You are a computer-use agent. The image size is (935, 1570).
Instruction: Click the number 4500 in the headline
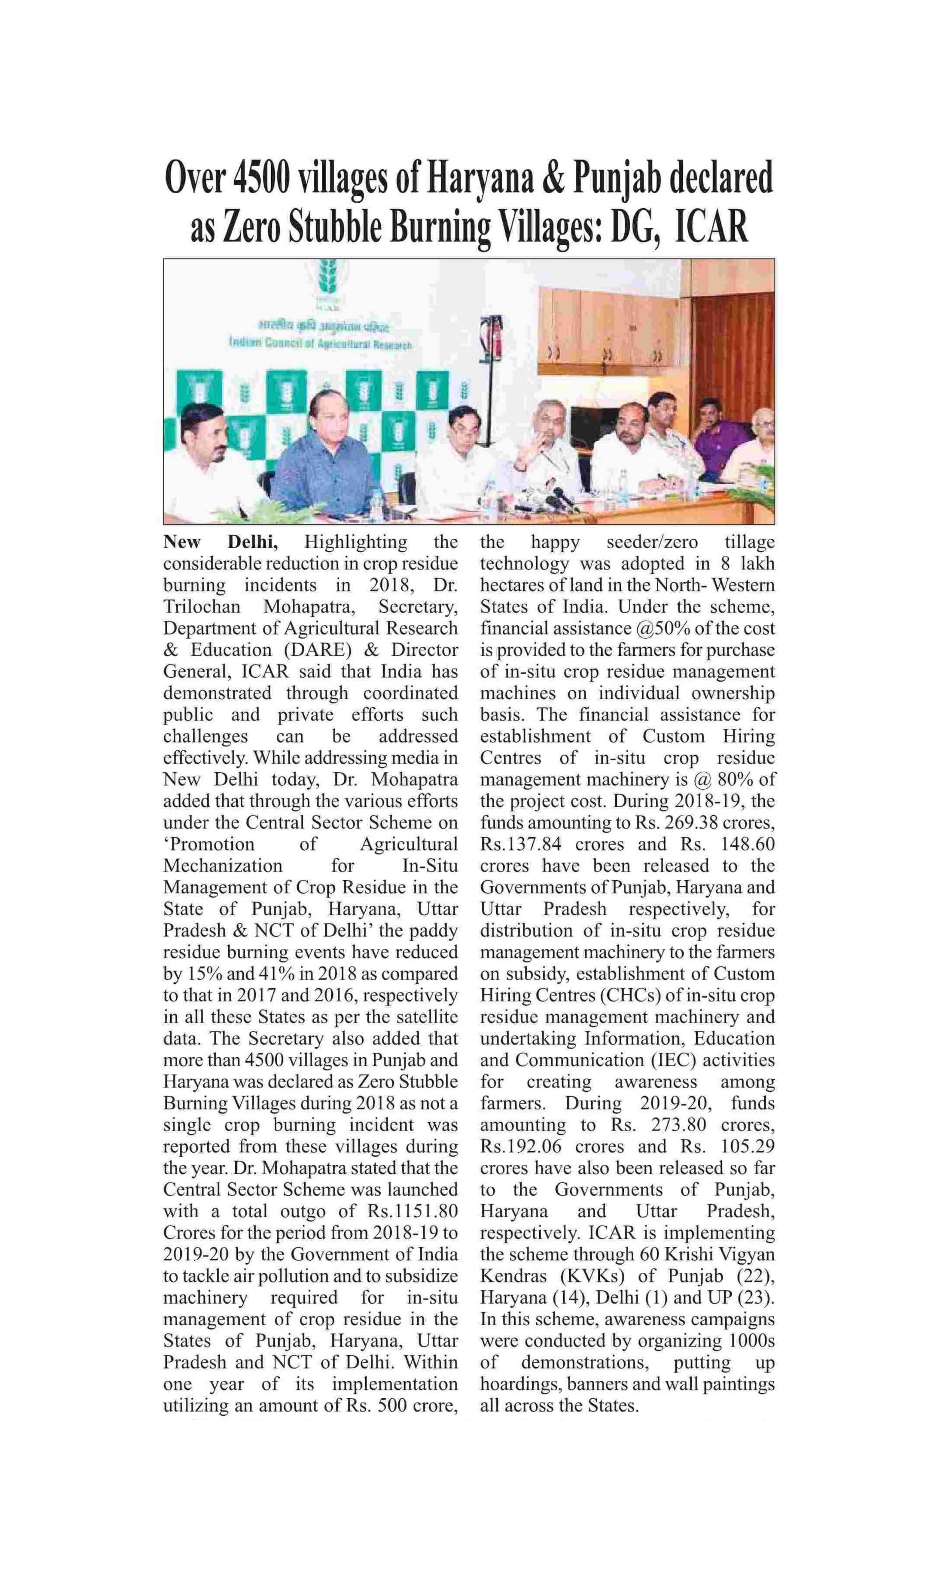coord(261,178)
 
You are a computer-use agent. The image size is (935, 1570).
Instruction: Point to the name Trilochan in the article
coord(202,606)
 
